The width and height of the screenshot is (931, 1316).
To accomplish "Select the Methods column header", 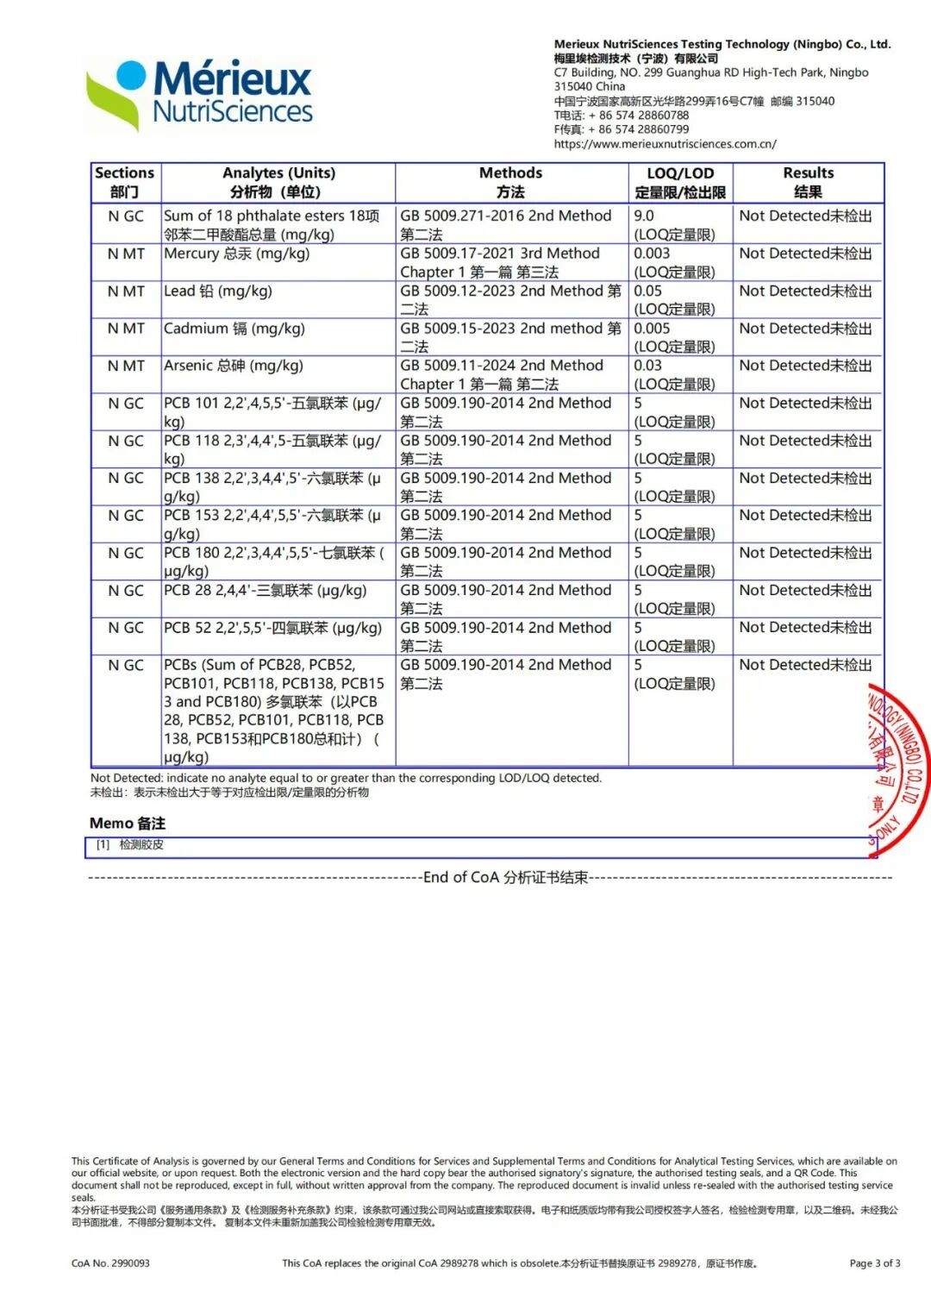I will [x=510, y=182].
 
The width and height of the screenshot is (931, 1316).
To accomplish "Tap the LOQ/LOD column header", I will [x=680, y=182].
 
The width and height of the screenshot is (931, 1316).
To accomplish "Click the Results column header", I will [x=808, y=182].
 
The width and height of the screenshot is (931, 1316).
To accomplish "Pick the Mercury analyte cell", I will [x=237, y=254].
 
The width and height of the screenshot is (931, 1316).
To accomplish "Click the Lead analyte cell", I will [x=218, y=291].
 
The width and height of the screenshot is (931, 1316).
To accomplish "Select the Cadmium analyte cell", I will [x=234, y=329].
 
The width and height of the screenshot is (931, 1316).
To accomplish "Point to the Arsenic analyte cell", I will [x=234, y=366].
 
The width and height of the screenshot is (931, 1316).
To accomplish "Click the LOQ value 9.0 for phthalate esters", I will [x=644, y=216].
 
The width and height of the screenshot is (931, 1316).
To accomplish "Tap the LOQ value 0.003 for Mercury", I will [x=652, y=254].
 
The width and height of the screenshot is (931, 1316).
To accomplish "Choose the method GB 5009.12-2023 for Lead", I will [x=510, y=300].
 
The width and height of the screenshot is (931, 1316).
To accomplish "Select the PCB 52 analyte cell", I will [x=272, y=628].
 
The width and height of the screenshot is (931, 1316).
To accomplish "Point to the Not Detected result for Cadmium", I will [x=805, y=329].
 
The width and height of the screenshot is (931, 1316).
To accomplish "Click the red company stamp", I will [x=898, y=768].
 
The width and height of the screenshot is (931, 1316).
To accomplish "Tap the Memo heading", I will [x=128, y=823].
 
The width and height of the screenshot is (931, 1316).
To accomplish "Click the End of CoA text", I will [x=505, y=877].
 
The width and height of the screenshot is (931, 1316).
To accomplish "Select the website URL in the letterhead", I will [x=665, y=144].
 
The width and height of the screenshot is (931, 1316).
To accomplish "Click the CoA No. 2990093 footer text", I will [x=110, y=1263].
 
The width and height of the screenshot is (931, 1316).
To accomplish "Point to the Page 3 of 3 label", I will [x=874, y=1263].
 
